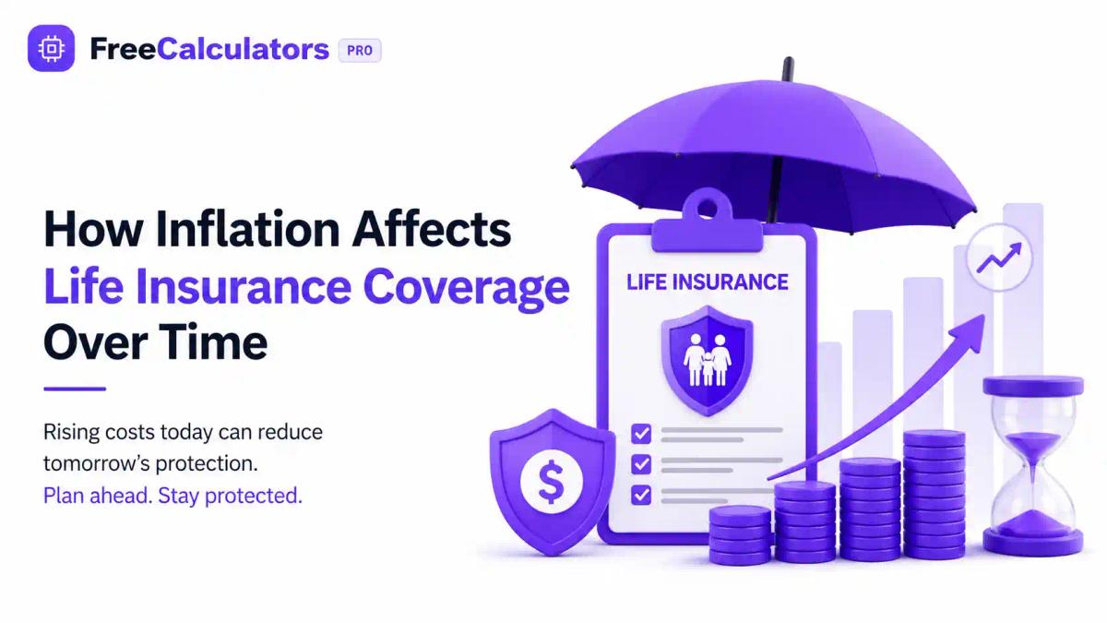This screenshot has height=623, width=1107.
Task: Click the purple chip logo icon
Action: (x=51, y=48)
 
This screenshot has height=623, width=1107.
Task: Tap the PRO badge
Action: (x=360, y=51)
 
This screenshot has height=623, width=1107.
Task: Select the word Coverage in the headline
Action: (x=466, y=288)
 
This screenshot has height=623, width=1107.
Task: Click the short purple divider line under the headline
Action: (x=75, y=389)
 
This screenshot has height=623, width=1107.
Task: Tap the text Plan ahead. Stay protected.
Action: (x=173, y=496)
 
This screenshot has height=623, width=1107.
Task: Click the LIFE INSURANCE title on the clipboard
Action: (x=708, y=282)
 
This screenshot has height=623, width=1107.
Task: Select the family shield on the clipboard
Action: (x=708, y=361)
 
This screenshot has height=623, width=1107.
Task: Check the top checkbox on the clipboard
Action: (x=641, y=434)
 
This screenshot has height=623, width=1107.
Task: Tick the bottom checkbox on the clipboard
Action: (x=641, y=495)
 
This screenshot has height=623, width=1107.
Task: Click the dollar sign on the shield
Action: (x=551, y=482)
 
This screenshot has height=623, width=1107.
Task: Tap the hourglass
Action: (x=1033, y=466)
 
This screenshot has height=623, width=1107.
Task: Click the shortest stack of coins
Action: (x=740, y=535)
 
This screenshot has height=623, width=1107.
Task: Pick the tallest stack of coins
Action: (x=934, y=496)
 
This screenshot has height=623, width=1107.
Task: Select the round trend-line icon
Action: (x=999, y=258)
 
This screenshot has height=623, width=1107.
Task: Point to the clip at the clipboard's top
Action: (x=708, y=222)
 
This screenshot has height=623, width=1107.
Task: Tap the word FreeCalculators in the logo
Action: (x=209, y=49)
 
